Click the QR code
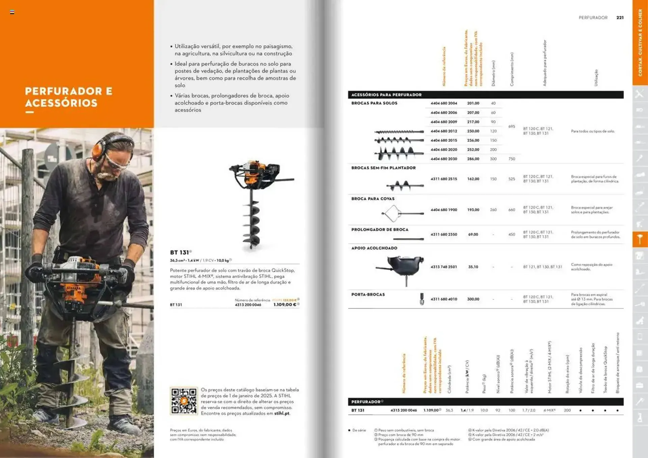[184, 401]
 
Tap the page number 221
[620, 18]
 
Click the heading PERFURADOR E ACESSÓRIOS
[69, 97]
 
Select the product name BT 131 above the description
[179, 252]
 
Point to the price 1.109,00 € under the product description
[285, 304]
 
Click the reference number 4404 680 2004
[443, 103]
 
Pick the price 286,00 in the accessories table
[473, 159]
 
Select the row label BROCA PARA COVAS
[373, 199]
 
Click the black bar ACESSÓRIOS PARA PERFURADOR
[386, 95]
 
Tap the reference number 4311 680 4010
[443, 299]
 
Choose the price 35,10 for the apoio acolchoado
[473, 267]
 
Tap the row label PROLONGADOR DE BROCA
[380, 230]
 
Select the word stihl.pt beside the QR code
[281, 413]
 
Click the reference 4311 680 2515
[443, 179]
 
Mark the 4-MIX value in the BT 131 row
[549, 410]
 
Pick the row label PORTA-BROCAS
[368, 295]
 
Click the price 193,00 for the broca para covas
[473, 210]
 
